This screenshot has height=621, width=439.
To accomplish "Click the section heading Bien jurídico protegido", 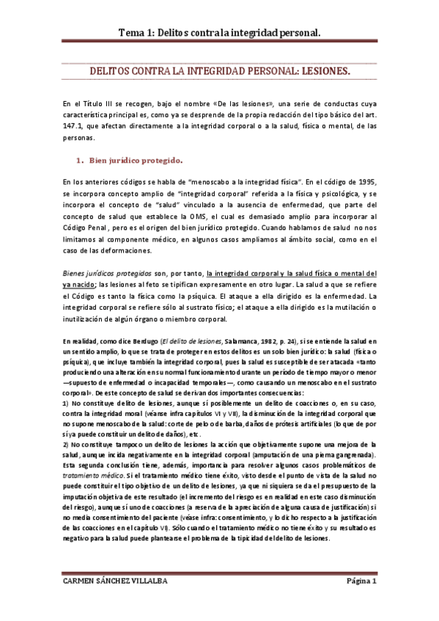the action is (x=136, y=160).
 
